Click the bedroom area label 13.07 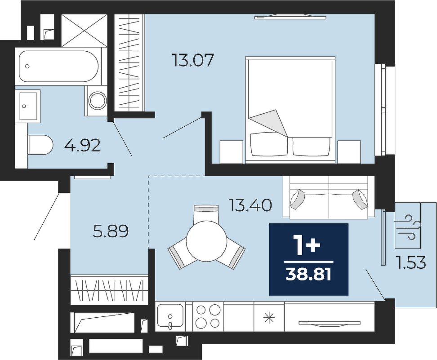(193, 61)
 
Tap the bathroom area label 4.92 (82, 145)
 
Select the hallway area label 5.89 (111, 231)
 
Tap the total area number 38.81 (308, 275)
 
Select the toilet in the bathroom (40, 145)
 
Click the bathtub (58, 67)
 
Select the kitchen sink (170, 316)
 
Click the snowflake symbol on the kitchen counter (269, 318)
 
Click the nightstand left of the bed (232, 152)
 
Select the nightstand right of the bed (349, 152)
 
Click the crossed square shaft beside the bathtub (84, 31)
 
